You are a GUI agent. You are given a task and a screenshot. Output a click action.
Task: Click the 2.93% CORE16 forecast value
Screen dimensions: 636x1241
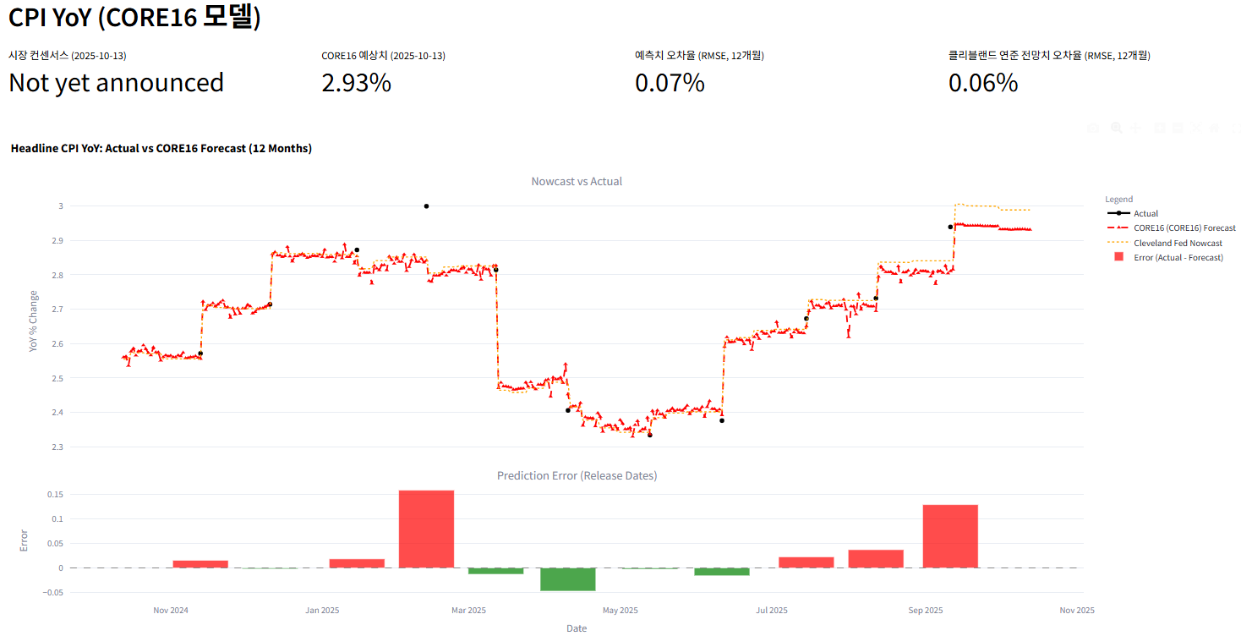(x=356, y=83)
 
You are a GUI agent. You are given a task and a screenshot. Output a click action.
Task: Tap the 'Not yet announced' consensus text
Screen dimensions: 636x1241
(x=116, y=83)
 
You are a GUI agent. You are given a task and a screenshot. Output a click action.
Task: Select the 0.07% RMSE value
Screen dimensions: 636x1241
(x=670, y=83)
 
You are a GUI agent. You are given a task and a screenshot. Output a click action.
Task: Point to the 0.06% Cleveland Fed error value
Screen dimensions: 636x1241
(x=983, y=83)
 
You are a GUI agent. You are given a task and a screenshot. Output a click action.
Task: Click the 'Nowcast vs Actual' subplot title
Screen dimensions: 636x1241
(x=577, y=181)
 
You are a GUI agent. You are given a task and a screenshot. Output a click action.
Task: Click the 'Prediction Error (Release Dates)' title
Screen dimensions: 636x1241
(x=577, y=475)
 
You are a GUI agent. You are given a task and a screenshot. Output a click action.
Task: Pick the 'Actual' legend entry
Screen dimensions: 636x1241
(x=1145, y=213)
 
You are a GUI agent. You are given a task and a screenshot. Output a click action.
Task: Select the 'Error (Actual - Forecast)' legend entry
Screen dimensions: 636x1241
(x=1178, y=257)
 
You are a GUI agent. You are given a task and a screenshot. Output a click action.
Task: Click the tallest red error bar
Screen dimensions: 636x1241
(x=426, y=529)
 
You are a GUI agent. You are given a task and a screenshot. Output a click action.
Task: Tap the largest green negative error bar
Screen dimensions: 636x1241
(x=568, y=579)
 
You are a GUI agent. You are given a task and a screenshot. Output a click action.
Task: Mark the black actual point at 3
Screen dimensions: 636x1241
(x=426, y=206)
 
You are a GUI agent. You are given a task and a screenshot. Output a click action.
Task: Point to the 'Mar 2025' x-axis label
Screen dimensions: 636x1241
(x=469, y=610)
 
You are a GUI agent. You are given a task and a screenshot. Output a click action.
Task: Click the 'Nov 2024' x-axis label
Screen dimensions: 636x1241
(x=171, y=610)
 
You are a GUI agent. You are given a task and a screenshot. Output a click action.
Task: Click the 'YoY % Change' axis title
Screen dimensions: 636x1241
(x=34, y=321)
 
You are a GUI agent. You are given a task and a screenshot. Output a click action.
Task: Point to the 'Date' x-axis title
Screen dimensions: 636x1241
(x=577, y=628)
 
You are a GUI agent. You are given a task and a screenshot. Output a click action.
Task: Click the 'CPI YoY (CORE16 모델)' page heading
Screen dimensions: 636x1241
(x=134, y=18)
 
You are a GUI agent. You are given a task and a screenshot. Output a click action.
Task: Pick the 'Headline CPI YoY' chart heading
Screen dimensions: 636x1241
(x=161, y=148)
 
